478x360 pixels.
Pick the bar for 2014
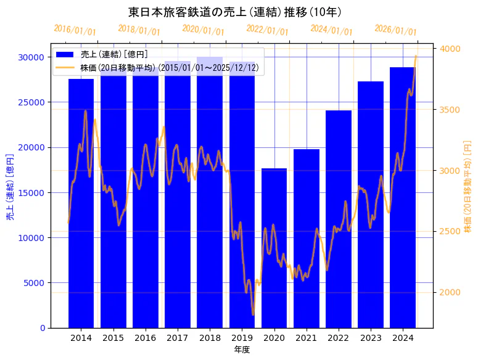pos(81,203)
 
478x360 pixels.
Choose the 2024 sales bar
pos(402,197)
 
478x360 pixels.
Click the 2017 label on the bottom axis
pos(177,338)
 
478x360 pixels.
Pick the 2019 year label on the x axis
pos(241,338)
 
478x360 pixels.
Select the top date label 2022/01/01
pos(267,30)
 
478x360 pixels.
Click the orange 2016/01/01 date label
pos(75,30)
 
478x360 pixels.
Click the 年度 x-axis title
pos(242,350)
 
